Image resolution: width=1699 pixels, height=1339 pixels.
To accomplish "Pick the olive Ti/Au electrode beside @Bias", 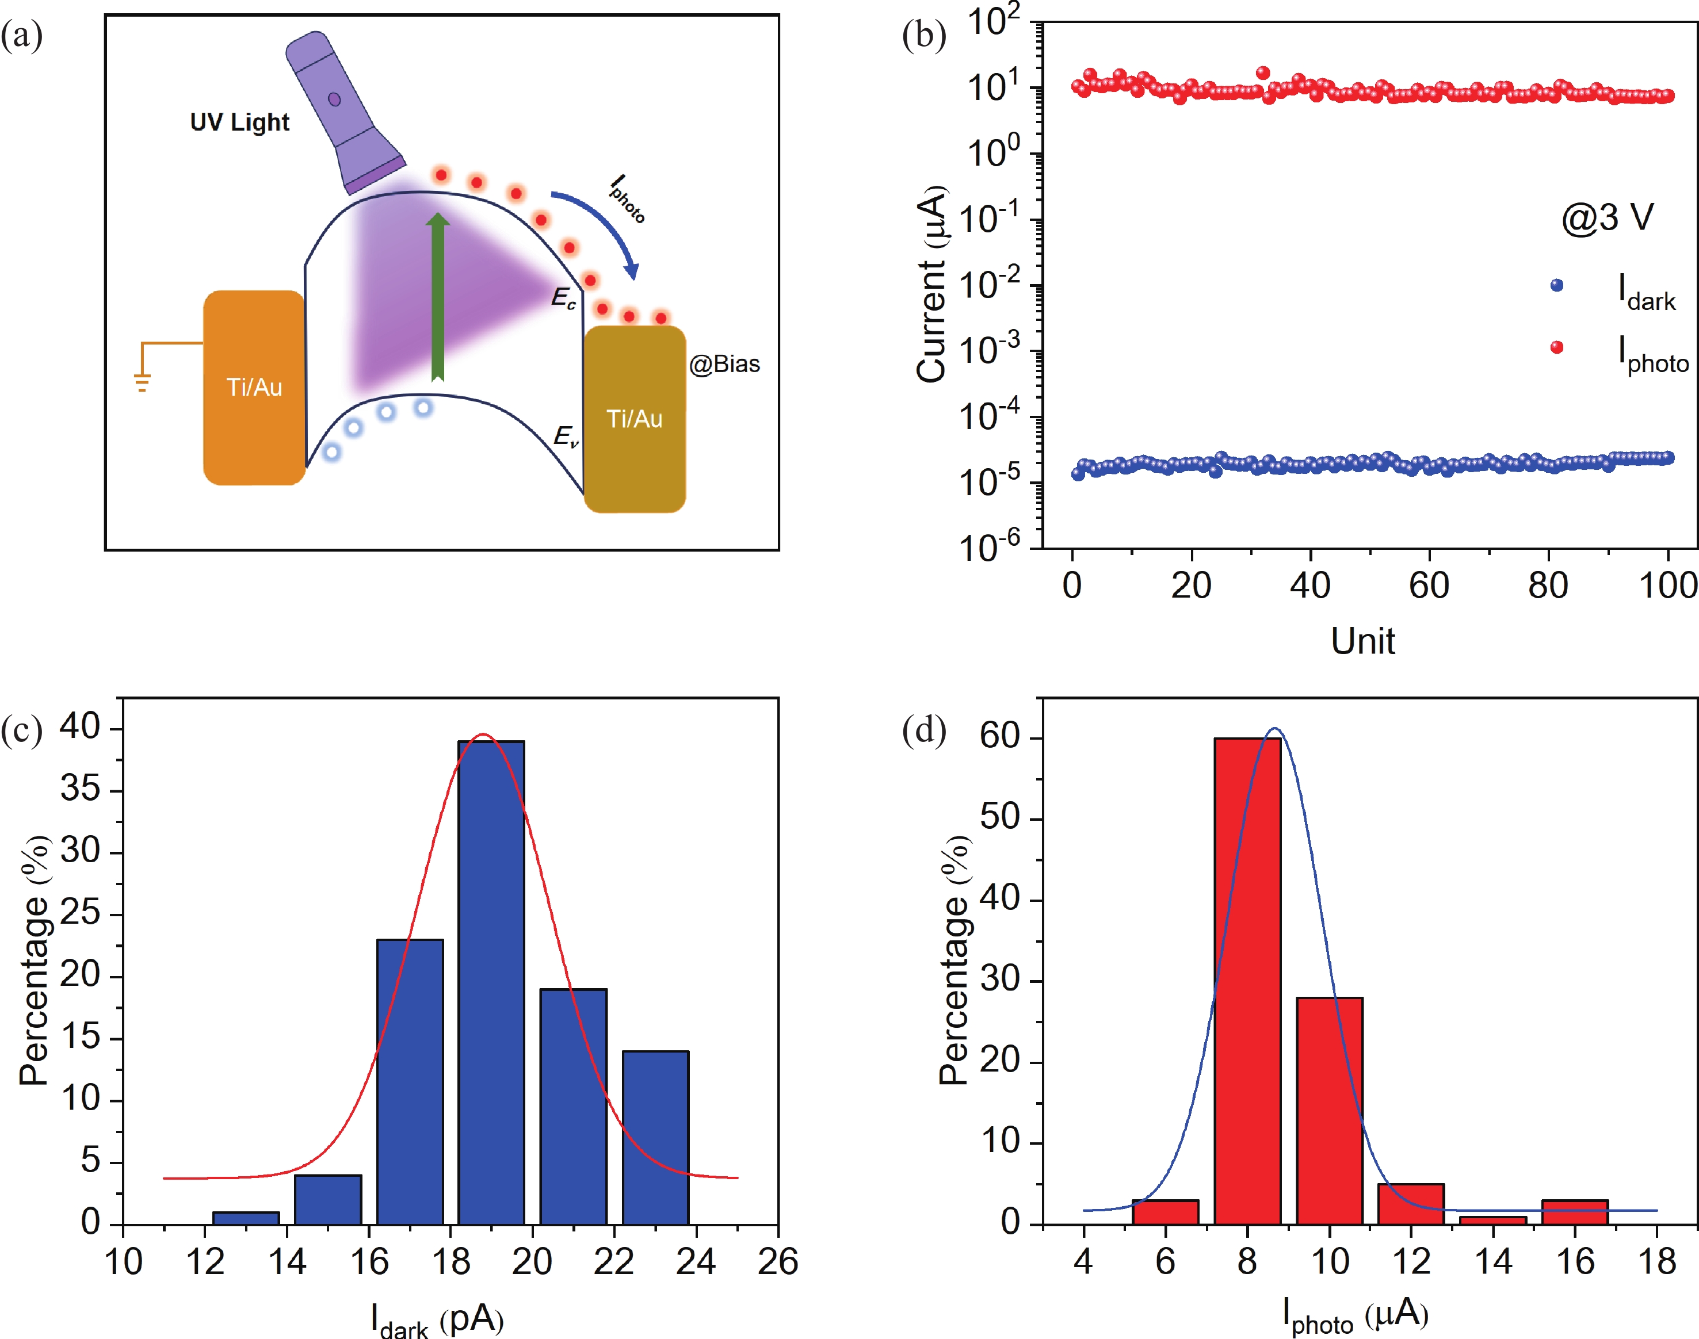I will [x=634, y=419].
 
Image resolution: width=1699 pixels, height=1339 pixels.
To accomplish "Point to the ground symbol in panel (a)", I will [x=142, y=382].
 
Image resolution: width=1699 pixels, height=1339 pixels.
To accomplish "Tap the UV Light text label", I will [x=239, y=123].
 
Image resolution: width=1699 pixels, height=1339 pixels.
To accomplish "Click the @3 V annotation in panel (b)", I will [x=1608, y=217].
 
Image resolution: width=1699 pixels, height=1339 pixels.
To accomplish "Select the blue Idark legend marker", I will [x=1557, y=285].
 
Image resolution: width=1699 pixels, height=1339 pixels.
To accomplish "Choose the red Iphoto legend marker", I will [x=1557, y=347].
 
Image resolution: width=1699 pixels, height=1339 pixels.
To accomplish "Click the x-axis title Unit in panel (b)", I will [x=1362, y=641].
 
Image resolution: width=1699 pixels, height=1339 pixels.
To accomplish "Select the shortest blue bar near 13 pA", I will [x=246, y=1218].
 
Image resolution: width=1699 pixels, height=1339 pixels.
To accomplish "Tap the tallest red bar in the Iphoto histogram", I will [x=1247, y=980].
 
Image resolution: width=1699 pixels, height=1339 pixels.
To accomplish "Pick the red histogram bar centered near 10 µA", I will [x=1330, y=1110].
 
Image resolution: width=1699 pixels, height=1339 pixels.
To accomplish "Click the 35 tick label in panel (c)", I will [x=81, y=789].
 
